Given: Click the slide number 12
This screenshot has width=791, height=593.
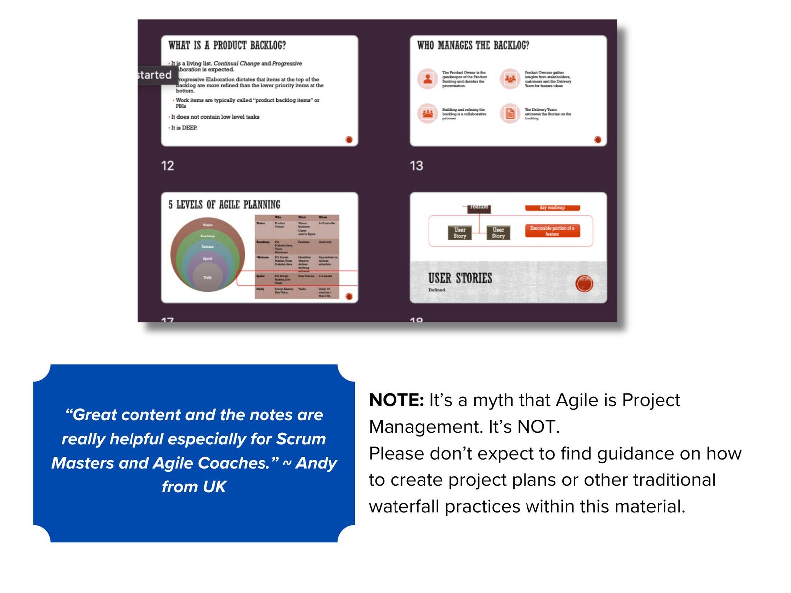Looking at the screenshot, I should point(167,166).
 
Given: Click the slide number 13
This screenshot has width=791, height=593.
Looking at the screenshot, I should point(416,166).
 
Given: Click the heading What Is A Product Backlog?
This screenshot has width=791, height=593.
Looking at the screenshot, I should point(227,45).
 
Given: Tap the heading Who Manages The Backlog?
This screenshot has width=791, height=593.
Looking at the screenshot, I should point(473,45).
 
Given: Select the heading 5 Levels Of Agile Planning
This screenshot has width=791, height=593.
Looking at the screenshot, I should point(224,205).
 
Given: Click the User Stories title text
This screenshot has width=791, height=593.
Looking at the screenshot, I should point(460,278).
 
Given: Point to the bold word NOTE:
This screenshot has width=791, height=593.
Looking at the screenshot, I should point(396,400).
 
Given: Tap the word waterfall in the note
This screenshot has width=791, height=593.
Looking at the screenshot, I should point(404,506).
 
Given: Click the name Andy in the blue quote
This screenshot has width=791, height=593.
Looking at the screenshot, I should point(316,463).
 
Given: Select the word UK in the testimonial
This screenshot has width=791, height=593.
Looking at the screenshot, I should point(215,486).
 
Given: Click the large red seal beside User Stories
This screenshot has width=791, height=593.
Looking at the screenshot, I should point(584,284).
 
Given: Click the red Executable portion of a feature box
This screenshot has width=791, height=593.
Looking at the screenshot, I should point(552,231).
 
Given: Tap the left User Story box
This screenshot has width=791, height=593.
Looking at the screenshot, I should point(459,233).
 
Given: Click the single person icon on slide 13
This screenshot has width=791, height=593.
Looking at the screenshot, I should point(427,79).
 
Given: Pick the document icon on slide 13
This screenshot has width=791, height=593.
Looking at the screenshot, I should point(510,114).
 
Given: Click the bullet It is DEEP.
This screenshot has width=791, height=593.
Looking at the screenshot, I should point(184,128).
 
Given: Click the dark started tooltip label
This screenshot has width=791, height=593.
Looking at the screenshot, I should point(155,75).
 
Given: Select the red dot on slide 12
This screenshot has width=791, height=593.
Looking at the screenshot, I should point(349,140).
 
